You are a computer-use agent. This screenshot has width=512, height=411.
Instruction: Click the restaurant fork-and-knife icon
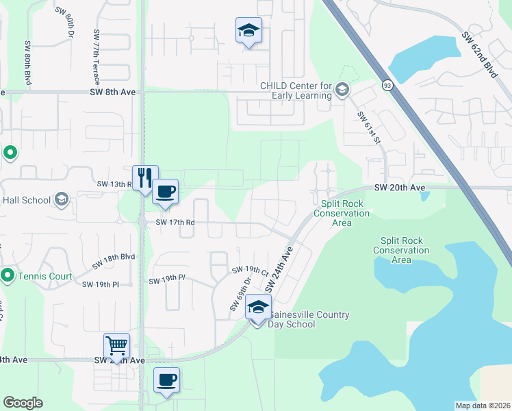click(x=145, y=178)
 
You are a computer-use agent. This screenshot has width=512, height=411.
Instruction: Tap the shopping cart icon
click(x=116, y=345)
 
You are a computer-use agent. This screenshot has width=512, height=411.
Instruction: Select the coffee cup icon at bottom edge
click(x=166, y=379)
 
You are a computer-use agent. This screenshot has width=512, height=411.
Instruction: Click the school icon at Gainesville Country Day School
click(x=257, y=308)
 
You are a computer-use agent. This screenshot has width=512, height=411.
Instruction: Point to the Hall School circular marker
click(x=61, y=200)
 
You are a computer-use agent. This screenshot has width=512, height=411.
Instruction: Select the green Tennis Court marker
click(x=8, y=275)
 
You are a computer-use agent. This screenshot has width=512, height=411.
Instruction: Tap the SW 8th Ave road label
click(x=113, y=92)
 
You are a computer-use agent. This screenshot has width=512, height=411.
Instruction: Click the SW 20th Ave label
click(x=400, y=188)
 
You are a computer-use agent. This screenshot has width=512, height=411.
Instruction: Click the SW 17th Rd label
click(x=175, y=222)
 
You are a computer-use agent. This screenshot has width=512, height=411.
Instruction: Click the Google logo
click(x=23, y=403)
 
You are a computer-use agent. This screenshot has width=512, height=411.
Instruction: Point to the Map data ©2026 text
click(x=482, y=406)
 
